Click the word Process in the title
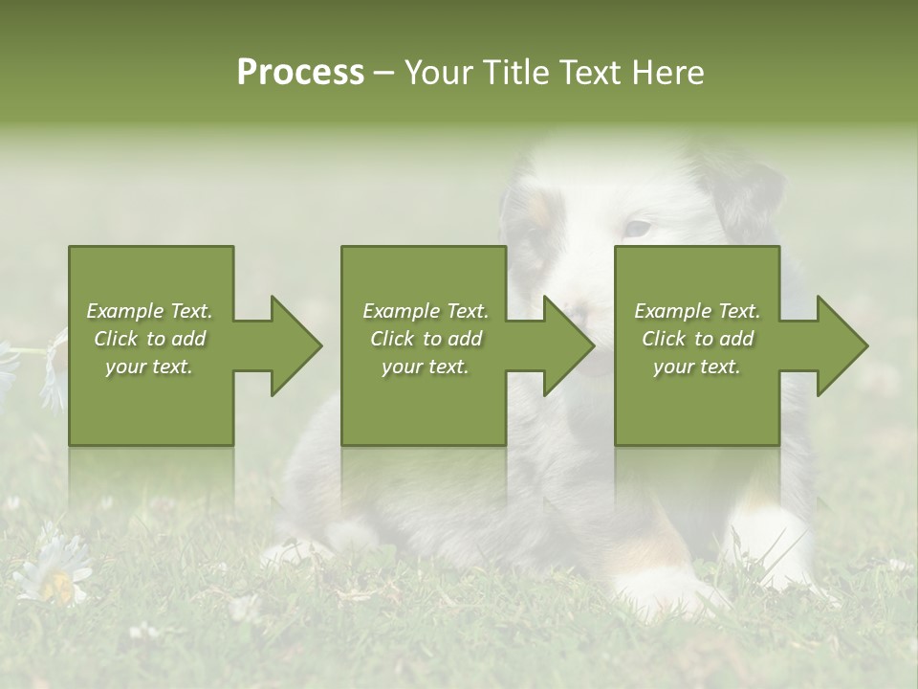[x=300, y=73]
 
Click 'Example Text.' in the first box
[x=149, y=311]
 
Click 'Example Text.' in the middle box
[x=425, y=311]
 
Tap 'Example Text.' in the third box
[x=697, y=311]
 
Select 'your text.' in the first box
[x=149, y=367]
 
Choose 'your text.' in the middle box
[x=425, y=367]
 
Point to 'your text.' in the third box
[x=697, y=367]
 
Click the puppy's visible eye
[x=636, y=229]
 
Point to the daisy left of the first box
[x=53, y=368]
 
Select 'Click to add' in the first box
[x=149, y=339]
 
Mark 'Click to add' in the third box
[x=697, y=339]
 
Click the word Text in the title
[x=587, y=73]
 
